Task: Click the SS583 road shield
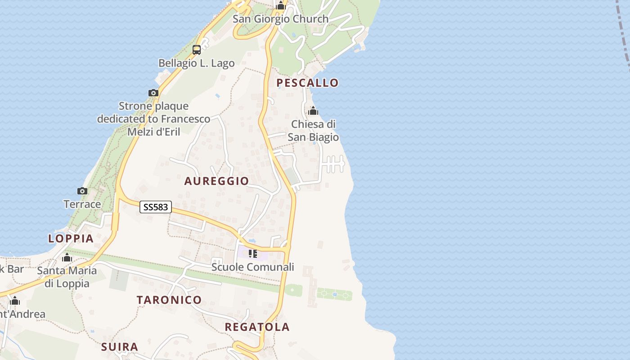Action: (x=156, y=207)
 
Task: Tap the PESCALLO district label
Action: (x=307, y=83)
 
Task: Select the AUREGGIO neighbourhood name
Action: (x=216, y=181)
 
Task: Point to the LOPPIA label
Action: (x=71, y=238)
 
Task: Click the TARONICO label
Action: (x=169, y=300)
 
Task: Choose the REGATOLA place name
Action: (x=257, y=327)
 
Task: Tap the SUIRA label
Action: (x=119, y=347)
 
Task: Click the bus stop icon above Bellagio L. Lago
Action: (x=197, y=50)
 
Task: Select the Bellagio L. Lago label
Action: (x=197, y=63)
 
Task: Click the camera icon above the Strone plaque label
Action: (x=153, y=93)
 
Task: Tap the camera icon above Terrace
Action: (x=82, y=191)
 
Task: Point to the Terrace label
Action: (x=82, y=204)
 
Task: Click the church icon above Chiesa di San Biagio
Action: (x=313, y=111)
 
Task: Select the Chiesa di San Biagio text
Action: (x=313, y=130)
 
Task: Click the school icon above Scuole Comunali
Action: (x=253, y=254)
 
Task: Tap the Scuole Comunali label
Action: (x=253, y=267)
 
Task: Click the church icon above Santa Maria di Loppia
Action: (x=67, y=258)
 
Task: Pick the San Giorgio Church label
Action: (x=280, y=19)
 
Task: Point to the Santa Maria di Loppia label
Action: (x=67, y=277)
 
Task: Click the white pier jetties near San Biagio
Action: (x=334, y=164)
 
